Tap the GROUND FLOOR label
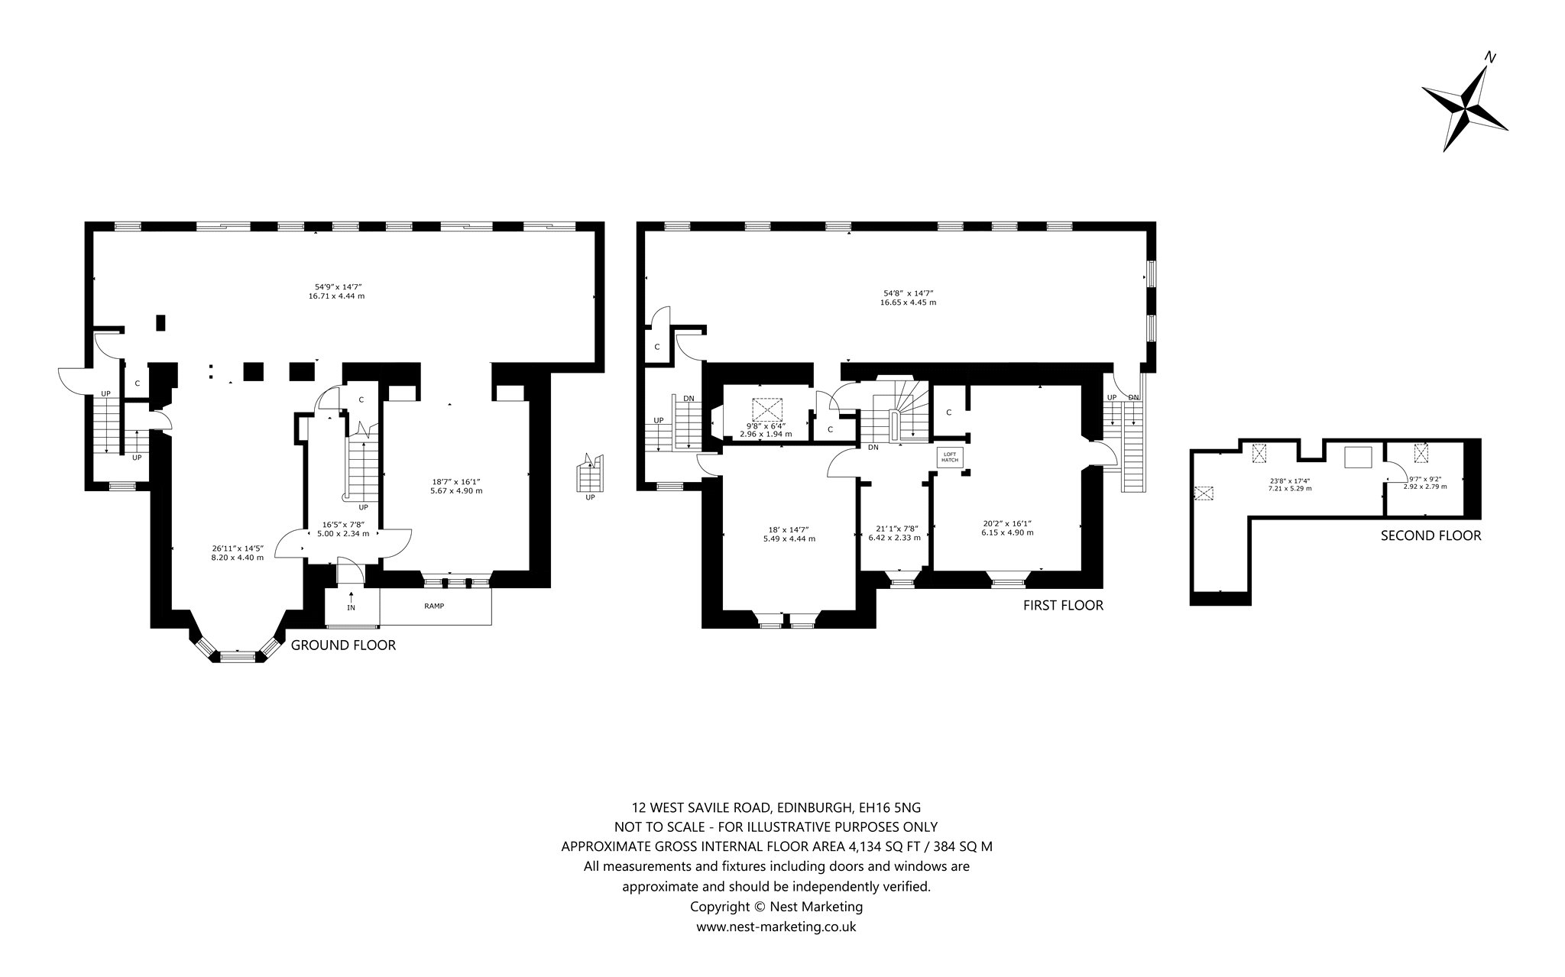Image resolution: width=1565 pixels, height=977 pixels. pyautogui.click(x=343, y=645)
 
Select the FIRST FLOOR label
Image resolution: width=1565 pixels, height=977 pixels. pyautogui.click(x=1063, y=606)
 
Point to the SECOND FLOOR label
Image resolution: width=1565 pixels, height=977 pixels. pyautogui.click(x=1431, y=535)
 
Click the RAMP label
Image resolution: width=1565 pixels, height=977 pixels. pyautogui.click(x=435, y=607)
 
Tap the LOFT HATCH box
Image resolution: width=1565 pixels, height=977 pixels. pyautogui.click(x=951, y=457)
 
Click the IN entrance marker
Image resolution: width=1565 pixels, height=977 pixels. pyautogui.click(x=351, y=608)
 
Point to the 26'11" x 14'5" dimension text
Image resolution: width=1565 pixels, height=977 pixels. pyautogui.click(x=237, y=548)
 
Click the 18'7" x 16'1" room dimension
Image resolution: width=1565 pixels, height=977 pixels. pyautogui.click(x=457, y=481)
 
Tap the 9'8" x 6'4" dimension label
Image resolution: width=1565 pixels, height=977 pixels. pyautogui.click(x=766, y=425)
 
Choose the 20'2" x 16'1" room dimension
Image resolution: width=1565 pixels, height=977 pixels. pyautogui.click(x=1007, y=523)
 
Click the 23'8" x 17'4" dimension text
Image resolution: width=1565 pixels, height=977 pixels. pyautogui.click(x=1289, y=481)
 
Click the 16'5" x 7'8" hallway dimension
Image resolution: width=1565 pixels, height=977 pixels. pyautogui.click(x=343, y=525)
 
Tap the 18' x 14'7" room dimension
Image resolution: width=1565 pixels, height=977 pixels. pyautogui.click(x=789, y=529)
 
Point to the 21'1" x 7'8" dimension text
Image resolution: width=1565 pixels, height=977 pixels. pyautogui.click(x=894, y=529)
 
